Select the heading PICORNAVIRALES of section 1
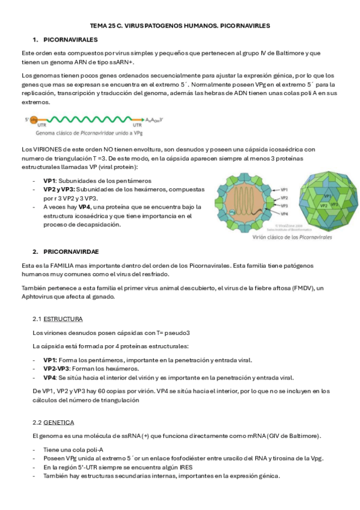(x=70, y=39)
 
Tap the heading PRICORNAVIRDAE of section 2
(x=72, y=251)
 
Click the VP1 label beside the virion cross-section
(x=285, y=189)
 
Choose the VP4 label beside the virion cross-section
(x=285, y=214)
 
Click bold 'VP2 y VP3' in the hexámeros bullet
(x=58, y=189)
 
